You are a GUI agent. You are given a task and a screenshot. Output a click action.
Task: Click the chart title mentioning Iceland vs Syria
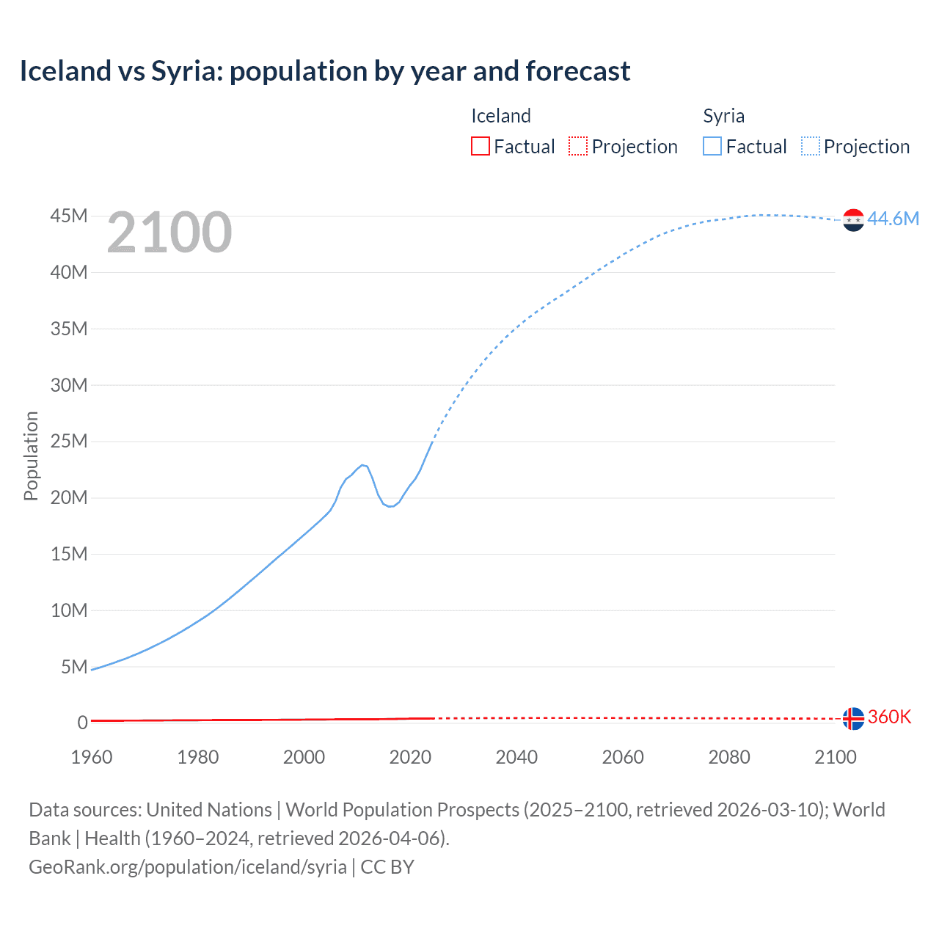pos(324,71)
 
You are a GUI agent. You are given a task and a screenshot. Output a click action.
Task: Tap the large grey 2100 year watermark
pos(169,233)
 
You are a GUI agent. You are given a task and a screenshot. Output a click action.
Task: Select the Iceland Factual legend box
pos(480,146)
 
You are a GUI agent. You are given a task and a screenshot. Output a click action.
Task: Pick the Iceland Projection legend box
pos(578,146)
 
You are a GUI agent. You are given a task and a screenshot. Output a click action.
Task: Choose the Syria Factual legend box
pos(712,146)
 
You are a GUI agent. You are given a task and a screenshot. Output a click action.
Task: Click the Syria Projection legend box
pos(810,146)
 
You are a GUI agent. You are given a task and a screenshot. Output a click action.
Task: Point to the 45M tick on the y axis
pos(68,216)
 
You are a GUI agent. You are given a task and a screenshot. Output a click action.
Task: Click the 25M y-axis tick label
pos(68,441)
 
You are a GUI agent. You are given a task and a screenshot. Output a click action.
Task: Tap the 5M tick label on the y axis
pos(74,666)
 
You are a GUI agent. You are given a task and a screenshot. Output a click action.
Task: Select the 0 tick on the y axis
pos(82,723)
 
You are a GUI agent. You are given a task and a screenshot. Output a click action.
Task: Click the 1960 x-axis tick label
pos(92,757)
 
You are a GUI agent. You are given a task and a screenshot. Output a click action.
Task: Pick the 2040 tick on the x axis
pos(516,757)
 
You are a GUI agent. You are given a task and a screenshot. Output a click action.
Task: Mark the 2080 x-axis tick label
pos(729,757)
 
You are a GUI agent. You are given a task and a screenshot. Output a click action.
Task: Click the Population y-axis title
pos(31,456)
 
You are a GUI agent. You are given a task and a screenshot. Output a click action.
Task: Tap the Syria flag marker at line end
pos(853,219)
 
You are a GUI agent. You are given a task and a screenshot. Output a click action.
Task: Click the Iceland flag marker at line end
pos(853,718)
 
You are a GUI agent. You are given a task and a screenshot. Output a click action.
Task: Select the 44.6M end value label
pos(893,219)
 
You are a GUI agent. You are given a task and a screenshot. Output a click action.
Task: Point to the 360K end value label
pos(889,717)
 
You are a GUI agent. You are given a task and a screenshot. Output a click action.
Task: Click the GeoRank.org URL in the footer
pos(188,866)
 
